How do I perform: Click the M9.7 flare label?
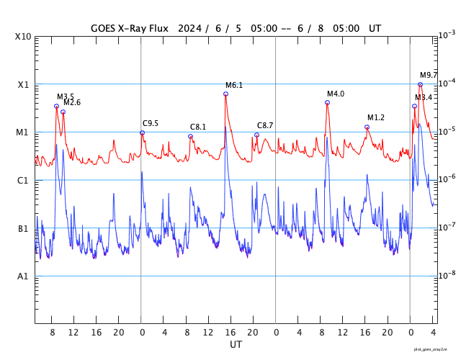[x=429, y=76]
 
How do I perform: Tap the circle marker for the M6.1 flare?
[x=225, y=94]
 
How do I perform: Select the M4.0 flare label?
[x=336, y=94]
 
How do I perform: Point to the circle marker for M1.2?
[x=367, y=127]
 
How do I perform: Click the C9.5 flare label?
[x=151, y=123]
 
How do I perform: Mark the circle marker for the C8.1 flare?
[x=190, y=136]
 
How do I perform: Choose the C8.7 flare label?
[x=265, y=126]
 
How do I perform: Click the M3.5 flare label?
[x=66, y=96]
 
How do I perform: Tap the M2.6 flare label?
[x=72, y=103]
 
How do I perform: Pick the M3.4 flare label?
[x=424, y=98]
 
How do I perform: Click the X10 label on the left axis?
[x=24, y=37]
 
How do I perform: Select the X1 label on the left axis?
[x=24, y=85]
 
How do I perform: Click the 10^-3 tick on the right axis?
[x=447, y=35]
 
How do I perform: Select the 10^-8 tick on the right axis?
[x=447, y=274]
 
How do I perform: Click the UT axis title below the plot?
[x=236, y=345]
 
